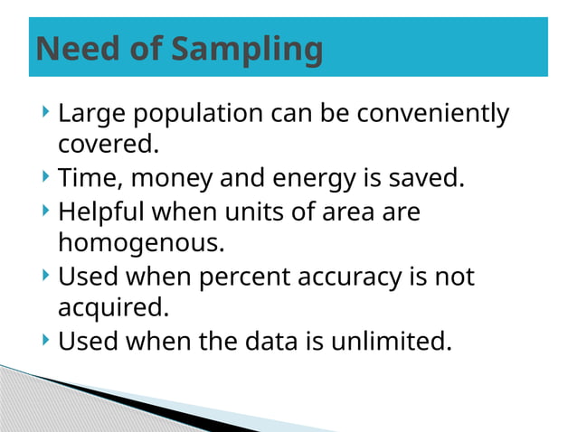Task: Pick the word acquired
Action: (113, 307)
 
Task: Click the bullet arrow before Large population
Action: (45, 114)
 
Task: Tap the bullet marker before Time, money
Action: (45, 176)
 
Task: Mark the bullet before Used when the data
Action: (45, 341)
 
